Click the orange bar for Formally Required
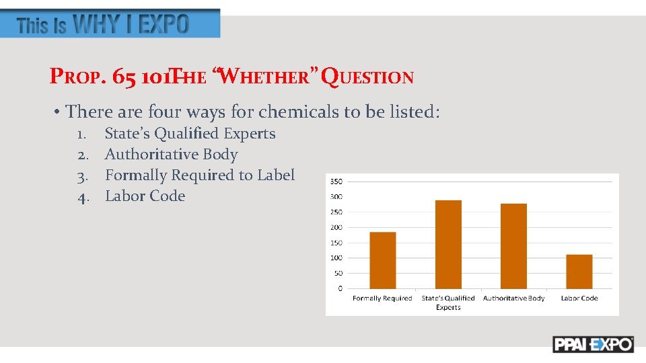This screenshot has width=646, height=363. point(383,260)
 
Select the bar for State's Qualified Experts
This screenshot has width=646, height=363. point(448,244)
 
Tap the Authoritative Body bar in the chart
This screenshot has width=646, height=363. point(513,246)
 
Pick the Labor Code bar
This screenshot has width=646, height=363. point(579,272)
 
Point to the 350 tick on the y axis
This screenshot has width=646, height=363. point(336,182)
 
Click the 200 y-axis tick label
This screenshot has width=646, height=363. point(336,227)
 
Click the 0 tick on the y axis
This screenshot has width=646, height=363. point(340,288)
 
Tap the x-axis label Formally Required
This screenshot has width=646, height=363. point(382,298)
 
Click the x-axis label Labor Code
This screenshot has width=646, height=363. point(579,298)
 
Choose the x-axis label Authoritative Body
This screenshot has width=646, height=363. point(514,298)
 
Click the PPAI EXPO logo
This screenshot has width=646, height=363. point(593,344)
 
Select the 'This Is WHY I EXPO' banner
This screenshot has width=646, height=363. point(110,24)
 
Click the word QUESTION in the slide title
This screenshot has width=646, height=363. point(367,77)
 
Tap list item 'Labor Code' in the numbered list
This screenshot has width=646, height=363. point(145,196)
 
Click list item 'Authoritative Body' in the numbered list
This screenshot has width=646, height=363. point(171,155)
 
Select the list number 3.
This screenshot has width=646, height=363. point(83,176)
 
